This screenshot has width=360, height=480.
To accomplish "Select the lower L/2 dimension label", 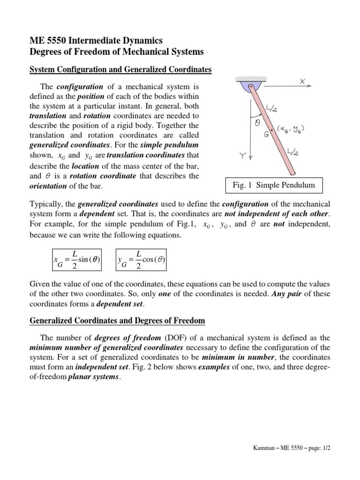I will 293,151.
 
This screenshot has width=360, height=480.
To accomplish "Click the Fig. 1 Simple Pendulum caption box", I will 274,185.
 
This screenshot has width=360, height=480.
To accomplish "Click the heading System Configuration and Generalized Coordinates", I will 120,70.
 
